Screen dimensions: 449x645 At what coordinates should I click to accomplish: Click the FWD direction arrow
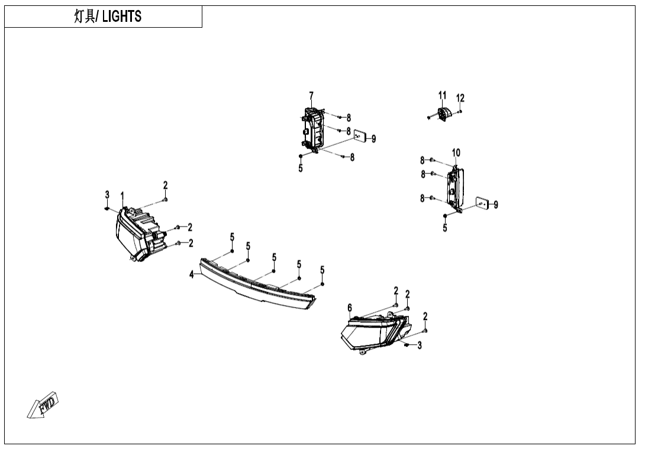pyautogui.click(x=44, y=405)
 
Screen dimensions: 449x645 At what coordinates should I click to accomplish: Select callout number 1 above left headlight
pyautogui.click(x=122, y=195)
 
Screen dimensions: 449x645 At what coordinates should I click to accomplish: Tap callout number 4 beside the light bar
pyautogui.click(x=192, y=274)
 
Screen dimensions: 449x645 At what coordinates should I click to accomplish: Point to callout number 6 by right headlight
pyautogui.click(x=350, y=308)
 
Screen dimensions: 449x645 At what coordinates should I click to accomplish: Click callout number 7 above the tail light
pyautogui.click(x=311, y=96)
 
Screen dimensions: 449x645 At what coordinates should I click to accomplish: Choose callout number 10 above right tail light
pyautogui.click(x=456, y=153)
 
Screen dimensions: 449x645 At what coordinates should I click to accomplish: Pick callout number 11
pyautogui.click(x=442, y=96)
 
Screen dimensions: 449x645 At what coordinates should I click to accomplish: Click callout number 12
pyautogui.click(x=460, y=98)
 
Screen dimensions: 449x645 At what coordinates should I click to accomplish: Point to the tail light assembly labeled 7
pyautogui.click(x=313, y=129)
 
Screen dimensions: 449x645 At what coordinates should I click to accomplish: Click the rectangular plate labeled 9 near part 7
pyautogui.click(x=359, y=137)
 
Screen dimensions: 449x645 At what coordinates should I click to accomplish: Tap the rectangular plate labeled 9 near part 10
pyautogui.click(x=482, y=204)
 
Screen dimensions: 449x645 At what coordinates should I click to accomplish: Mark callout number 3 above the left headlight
pyautogui.click(x=107, y=195)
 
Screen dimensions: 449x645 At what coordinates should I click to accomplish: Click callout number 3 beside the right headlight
pyautogui.click(x=420, y=345)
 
